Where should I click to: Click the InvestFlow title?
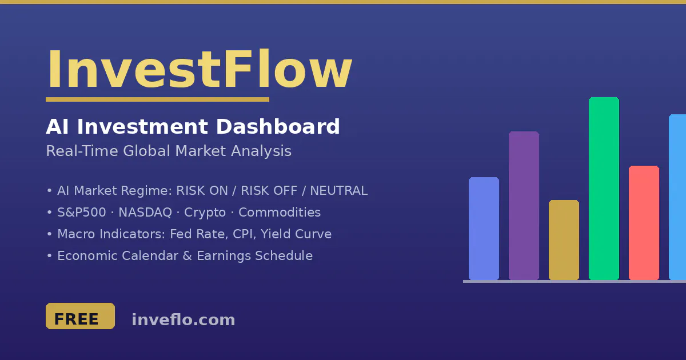point(200,69)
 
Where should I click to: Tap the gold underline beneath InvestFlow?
point(157,99)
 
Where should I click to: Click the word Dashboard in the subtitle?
point(278,126)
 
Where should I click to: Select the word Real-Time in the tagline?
point(82,151)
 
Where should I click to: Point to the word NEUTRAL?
point(338,191)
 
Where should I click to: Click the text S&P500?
point(82,213)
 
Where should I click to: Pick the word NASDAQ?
point(145,213)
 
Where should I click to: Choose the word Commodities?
point(280,213)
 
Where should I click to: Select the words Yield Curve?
point(297,234)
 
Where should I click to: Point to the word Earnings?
point(224,256)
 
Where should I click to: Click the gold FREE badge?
point(80,316)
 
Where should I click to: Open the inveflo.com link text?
point(184,320)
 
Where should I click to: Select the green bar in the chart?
point(604,189)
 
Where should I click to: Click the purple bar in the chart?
point(524,206)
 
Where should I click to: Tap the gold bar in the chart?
point(564,240)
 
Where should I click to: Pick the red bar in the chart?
point(644,223)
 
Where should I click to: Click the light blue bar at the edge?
point(677,197)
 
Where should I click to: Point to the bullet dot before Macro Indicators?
point(49,234)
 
